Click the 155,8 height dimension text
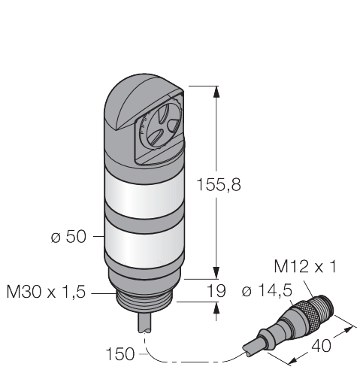pos(219,185)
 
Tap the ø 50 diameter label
pos(68,237)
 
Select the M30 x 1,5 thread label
pos(46,292)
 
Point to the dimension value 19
pos(216,291)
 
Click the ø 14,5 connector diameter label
pos(267,291)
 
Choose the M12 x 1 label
pos(305,266)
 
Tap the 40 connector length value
pos(321,346)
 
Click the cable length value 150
pos(120,354)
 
